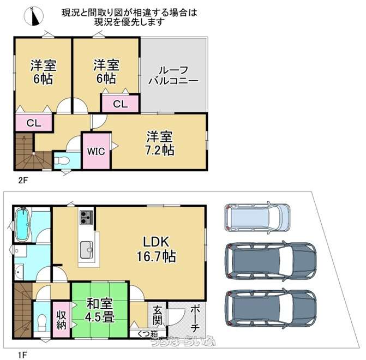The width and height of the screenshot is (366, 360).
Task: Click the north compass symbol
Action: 34,16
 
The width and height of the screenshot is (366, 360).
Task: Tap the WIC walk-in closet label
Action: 96,151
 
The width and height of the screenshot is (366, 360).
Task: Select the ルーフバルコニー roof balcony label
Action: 173,75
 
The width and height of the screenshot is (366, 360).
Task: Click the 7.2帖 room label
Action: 160,143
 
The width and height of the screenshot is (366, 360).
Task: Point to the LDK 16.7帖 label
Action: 156,249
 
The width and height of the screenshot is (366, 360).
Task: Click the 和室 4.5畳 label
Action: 100,310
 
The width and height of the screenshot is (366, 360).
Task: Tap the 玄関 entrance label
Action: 157,315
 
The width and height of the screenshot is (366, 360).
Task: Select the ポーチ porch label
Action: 195,319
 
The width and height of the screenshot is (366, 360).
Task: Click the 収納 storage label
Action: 61,320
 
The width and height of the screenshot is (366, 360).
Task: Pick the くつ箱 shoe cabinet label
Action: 147,334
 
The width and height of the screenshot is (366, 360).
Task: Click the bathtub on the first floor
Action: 22,225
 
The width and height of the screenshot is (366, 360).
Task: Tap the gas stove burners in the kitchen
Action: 86,217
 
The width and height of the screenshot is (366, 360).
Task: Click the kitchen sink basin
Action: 86,250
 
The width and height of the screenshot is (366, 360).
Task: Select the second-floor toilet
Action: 61,161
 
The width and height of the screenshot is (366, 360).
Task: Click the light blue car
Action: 257,217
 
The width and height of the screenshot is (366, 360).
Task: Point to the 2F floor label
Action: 23,181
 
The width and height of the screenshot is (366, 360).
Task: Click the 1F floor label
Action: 22,355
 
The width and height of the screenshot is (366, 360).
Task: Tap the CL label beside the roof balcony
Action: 120,104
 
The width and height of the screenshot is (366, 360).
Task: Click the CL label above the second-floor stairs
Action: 34,123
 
